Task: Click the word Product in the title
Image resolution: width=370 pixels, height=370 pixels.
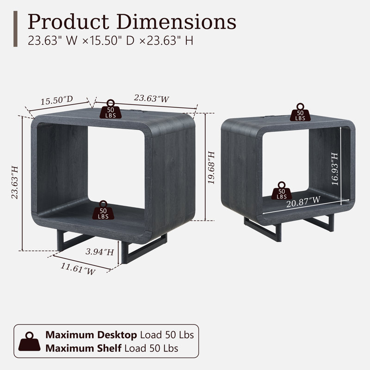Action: coord(68,22)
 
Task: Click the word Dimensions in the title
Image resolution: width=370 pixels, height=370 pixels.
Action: coord(176,22)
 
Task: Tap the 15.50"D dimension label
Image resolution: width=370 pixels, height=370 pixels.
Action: coord(57,100)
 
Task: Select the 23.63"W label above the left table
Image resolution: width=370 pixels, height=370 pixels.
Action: coord(152,98)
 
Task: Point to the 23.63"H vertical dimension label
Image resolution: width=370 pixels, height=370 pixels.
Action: coord(15,182)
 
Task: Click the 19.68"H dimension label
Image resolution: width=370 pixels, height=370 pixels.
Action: coord(211,167)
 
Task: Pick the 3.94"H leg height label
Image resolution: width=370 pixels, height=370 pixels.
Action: coord(100,252)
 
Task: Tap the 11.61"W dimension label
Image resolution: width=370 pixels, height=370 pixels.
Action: coord(78,269)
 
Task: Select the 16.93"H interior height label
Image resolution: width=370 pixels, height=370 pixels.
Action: coord(334,169)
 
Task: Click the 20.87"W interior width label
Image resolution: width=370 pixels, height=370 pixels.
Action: coord(303,202)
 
